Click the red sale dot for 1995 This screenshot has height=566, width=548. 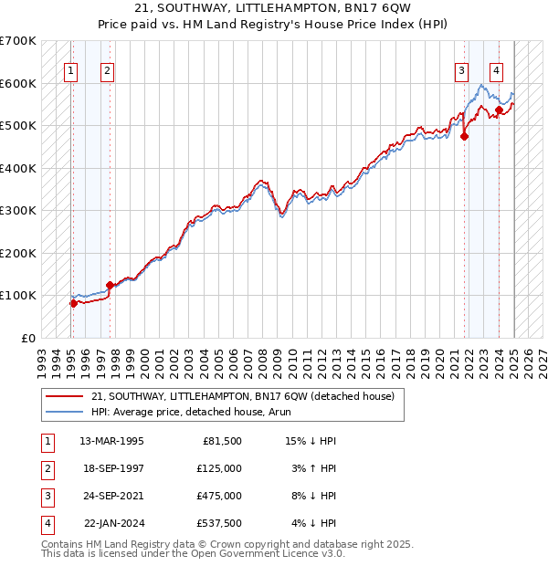(x=73, y=303)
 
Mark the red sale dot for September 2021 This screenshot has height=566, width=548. (x=465, y=137)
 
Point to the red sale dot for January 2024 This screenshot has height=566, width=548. (x=500, y=110)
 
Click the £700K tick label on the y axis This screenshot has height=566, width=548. (x=18, y=41)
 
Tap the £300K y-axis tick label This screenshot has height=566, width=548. (x=18, y=211)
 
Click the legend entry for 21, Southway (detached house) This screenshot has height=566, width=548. (x=242, y=396)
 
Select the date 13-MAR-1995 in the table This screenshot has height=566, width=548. (x=111, y=441)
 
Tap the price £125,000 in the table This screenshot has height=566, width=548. (x=219, y=468)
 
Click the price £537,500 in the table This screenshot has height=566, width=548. (x=219, y=523)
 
